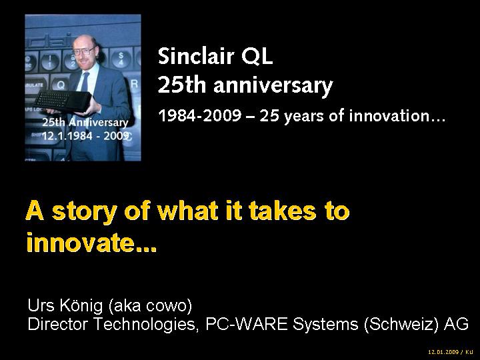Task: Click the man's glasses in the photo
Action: pos(83,52)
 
